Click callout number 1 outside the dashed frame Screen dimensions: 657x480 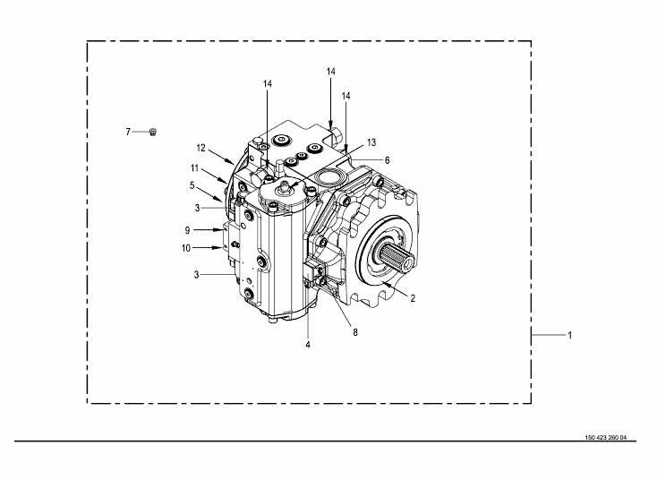(x=569, y=335)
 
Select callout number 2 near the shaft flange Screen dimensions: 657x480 (x=413, y=298)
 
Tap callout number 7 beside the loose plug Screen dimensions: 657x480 (x=128, y=132)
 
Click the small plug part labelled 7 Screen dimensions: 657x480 (x=153, y=132)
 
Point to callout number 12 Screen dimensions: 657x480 (x=201, y=148)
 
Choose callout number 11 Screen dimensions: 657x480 (x=194, y=168)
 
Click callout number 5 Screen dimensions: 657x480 (x=192, y=184)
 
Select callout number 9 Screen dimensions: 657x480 (x=187, y=230)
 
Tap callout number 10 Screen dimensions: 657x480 (x=186, y=248)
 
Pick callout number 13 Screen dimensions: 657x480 (x=371, y=142)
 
